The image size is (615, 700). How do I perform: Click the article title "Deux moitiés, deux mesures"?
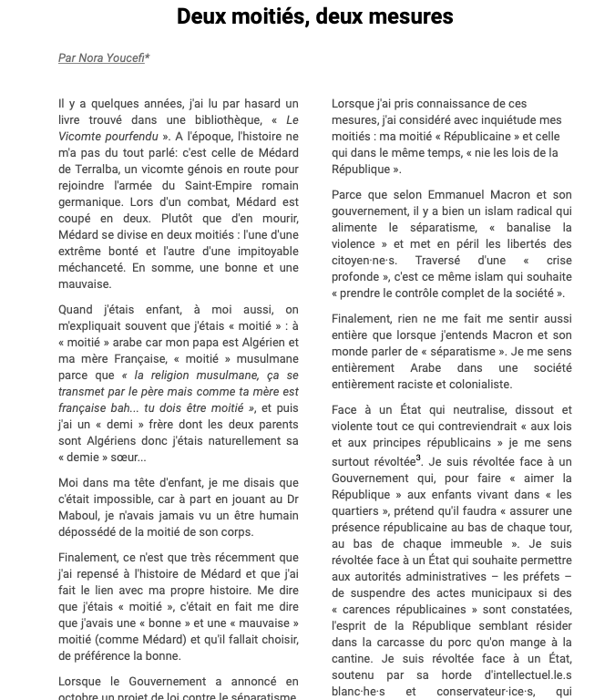click(x=314, y=16)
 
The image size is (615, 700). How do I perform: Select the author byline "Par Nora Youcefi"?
click(x=101, y=58)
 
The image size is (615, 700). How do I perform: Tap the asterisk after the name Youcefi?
click(x=148, y=57)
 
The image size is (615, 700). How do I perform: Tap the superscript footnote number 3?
click(x=418, y=458)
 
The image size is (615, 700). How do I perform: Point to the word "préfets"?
click(x=541, y=577)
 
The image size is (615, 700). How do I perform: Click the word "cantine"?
click(x=353, y=659)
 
